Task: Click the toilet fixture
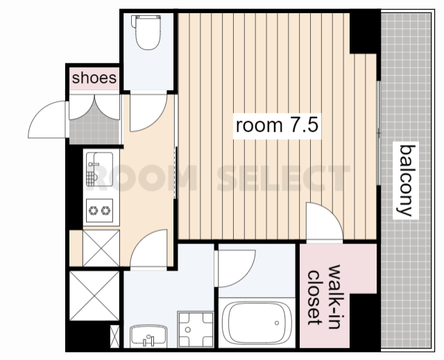(146, 33)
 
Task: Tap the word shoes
(94, 78)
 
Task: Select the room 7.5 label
(277, 126)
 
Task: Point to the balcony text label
(406, 180)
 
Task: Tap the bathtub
(257, 323)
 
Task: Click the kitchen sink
(99, 169)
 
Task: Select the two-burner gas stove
(99, 211)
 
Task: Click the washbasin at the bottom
(148, 336)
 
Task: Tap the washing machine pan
(196, 329)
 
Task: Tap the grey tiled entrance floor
(94, 130)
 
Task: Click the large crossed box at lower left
(94, 295)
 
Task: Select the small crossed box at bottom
(114, 336)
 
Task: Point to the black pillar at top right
(365, 32)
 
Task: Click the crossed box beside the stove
(101, 248)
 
